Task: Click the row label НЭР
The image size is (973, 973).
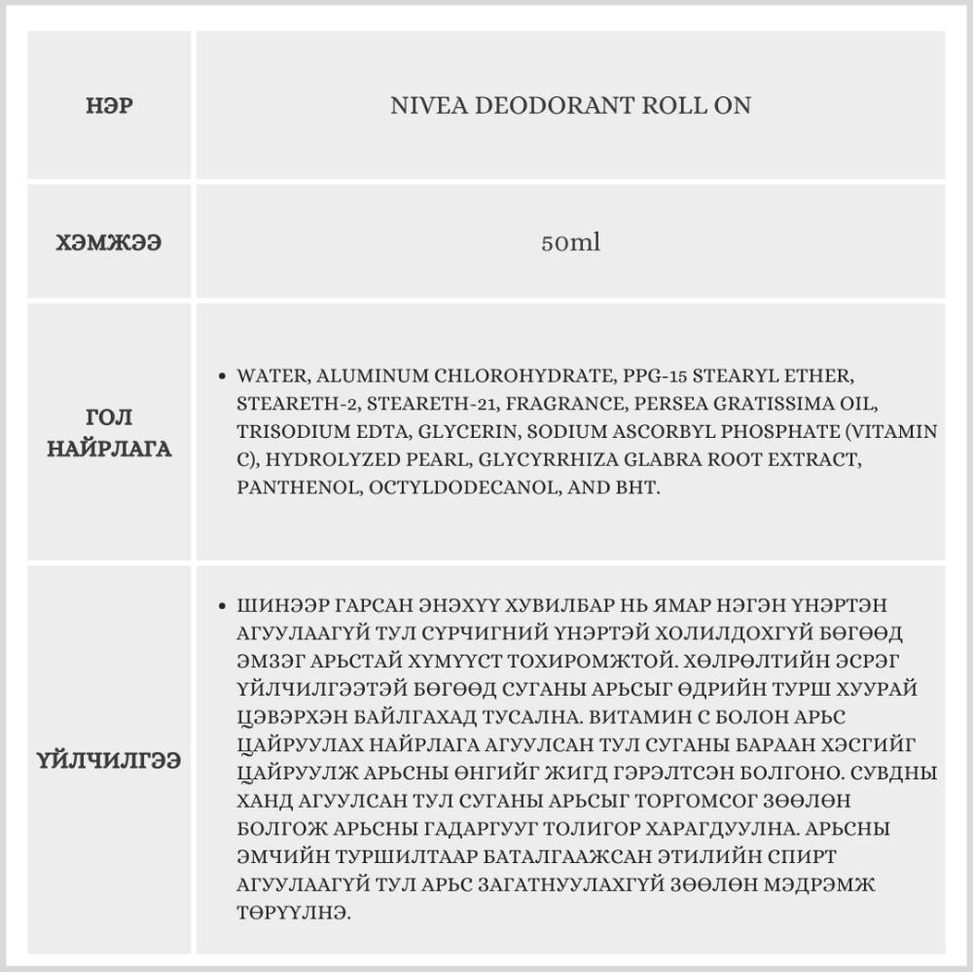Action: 109,105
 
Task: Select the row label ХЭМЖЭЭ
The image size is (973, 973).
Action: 109,242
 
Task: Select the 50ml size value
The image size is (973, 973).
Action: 570,242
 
